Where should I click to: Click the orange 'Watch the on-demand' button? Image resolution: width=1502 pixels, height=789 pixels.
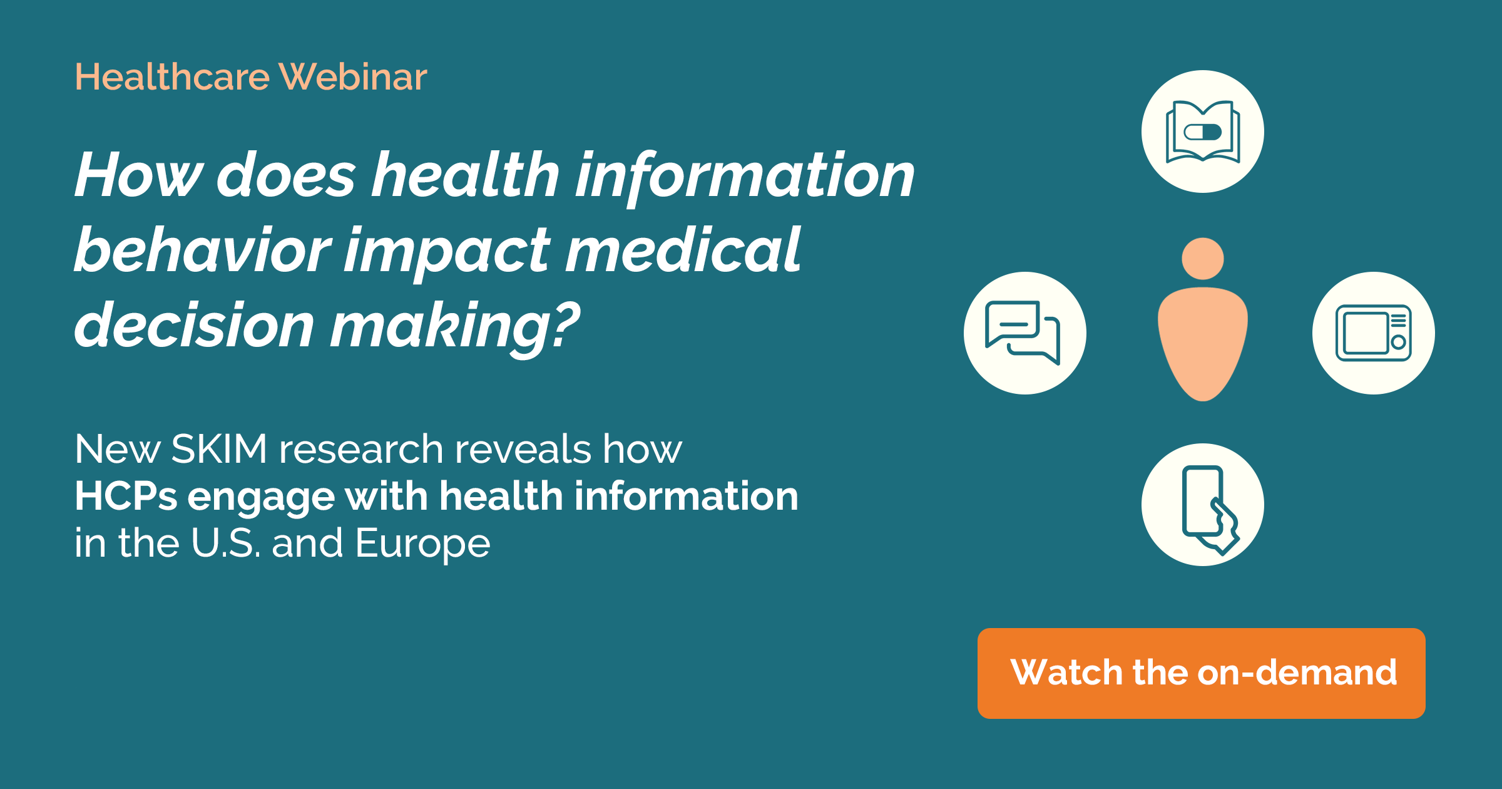click(1201, 673)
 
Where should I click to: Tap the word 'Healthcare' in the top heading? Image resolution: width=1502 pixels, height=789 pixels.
click(172, 77)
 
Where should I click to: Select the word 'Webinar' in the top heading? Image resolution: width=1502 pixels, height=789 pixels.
click(353, 77)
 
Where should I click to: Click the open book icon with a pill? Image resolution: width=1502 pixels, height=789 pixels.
click(1202, 131)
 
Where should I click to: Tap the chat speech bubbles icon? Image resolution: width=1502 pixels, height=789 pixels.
click(1024, 333)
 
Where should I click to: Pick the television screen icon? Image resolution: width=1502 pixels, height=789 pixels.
click(1373, 333)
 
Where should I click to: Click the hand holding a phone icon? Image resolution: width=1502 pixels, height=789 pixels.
click(1202, 505)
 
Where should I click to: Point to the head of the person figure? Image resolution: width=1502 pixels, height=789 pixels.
click(1202, 259)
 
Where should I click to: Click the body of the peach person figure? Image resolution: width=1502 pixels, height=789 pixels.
click(1202, 341)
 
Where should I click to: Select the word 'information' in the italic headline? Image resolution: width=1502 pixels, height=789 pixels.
click(745, 177)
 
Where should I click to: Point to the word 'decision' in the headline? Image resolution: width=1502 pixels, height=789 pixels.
click(194, 326)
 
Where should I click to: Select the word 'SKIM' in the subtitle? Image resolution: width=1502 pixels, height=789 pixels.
click(219, 449)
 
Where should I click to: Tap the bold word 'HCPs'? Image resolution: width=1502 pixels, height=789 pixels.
click(126, 497)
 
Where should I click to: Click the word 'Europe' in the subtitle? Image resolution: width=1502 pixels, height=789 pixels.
click(422, 544)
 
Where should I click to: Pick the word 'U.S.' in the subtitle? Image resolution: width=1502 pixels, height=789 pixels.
click(225, 544)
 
